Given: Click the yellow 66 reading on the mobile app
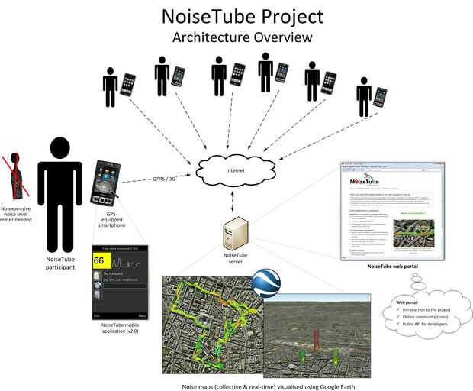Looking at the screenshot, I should tap(99, 260).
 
